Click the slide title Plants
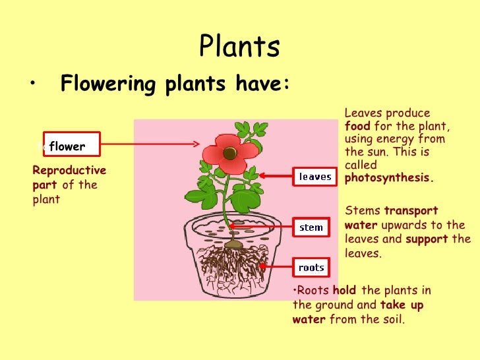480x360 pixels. (239, 47)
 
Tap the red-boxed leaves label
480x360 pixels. (315, 177)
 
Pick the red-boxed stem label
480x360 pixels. (311, 227)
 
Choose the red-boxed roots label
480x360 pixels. (311, 268)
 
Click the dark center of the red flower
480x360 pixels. (229, 153)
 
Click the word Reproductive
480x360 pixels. (69, 171)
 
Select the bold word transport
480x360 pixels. (411, 211)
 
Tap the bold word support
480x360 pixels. (426, 239)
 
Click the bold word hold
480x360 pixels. (345, 291)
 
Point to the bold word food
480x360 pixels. (357, 126)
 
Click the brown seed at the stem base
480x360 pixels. (233, 245)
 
